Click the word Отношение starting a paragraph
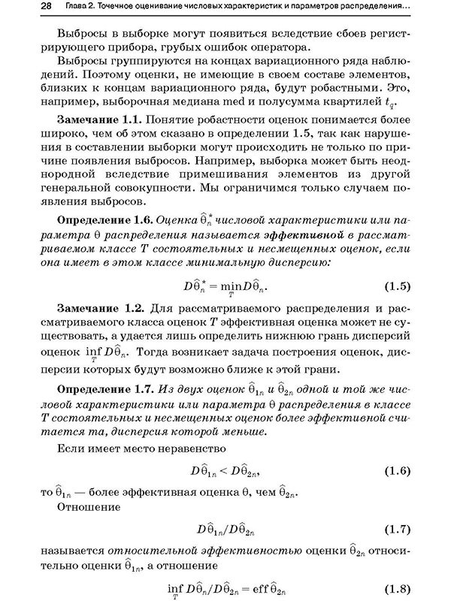point(90,509)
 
